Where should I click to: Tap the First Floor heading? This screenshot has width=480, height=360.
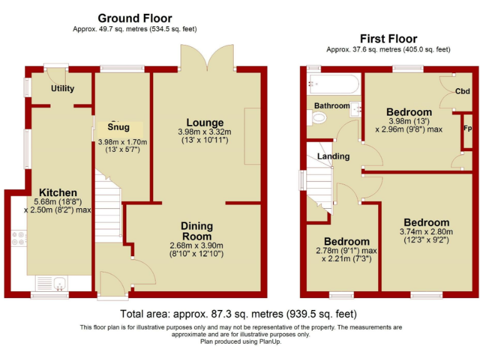(x=388, y=39)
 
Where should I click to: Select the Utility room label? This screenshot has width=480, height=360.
(x=62, y=88)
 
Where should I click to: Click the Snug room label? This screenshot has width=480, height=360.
(x=119, y=127)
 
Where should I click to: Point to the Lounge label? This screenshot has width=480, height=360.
(x=205, y=122)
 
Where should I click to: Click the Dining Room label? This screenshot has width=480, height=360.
(x=197, y=231)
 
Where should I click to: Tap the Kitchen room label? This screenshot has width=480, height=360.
(x=58, y=192)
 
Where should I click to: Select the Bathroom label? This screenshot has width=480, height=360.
(x=332, y=106)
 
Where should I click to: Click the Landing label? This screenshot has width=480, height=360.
(x=333, y=156)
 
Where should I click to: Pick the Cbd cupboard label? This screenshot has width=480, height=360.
(x=462, y=91)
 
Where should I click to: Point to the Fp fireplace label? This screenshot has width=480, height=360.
(x=467, y=129)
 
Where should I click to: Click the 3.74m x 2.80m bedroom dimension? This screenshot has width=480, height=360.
(x=426, y=232)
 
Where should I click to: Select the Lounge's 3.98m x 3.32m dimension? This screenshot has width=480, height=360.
(x=205, y=132)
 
